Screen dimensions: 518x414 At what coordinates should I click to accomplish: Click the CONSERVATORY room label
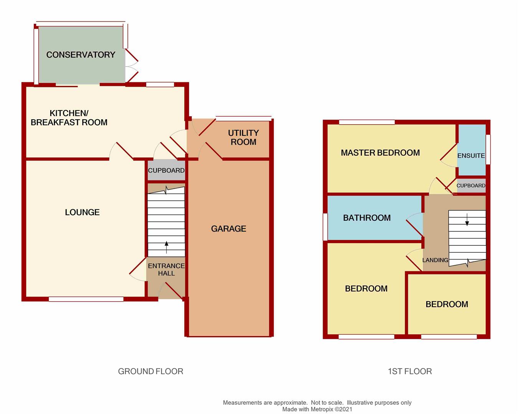pos(81,55)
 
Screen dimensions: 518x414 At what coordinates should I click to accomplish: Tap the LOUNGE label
pos(82,212)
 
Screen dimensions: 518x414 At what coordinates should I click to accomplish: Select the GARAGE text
pos(228,228)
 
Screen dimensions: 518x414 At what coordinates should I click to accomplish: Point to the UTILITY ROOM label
pos(243,137)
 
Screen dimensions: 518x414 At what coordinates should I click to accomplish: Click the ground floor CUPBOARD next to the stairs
pos(166,170)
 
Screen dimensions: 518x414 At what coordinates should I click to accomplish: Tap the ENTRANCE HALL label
pos(166,269)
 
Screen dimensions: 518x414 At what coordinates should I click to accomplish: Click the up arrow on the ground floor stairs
pos(166,247)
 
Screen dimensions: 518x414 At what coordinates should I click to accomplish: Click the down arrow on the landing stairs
pos(467,219)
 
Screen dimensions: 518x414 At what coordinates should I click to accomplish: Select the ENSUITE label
pos(471,156)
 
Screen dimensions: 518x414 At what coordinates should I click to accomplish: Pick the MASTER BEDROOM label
pos(380,153)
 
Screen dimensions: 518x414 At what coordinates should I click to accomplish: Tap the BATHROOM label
pos(367,218)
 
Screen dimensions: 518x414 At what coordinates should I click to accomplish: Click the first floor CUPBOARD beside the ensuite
pos(471,186)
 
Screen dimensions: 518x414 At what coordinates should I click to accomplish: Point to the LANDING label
pos(435,260)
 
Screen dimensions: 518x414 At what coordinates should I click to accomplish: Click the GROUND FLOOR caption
pos(150,371)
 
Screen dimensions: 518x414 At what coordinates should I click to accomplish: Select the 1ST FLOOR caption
pos(410,371)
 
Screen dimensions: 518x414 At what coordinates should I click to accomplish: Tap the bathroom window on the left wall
pos(325,227)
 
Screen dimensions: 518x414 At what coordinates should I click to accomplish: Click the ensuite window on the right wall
pos(488,149)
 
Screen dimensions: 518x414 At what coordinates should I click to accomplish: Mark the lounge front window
pos(86,299)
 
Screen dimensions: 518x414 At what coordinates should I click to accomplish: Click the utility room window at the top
pos(244,118)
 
